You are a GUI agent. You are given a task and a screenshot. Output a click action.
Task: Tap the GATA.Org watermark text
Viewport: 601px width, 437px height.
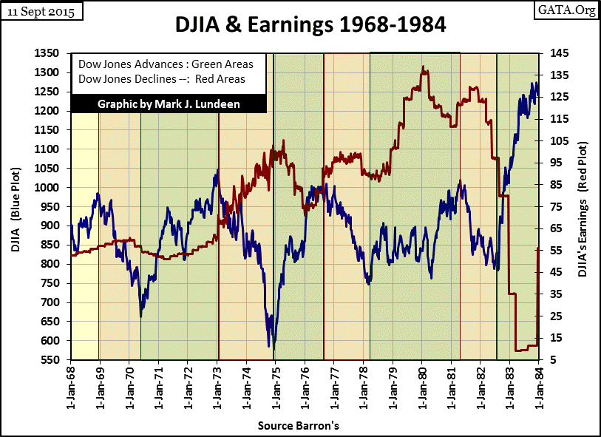point(571,11)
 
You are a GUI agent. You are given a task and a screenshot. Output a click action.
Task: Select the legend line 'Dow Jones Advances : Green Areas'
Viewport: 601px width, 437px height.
point(166,64)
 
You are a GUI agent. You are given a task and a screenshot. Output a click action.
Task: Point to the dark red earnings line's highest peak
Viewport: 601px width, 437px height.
point(424,68)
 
